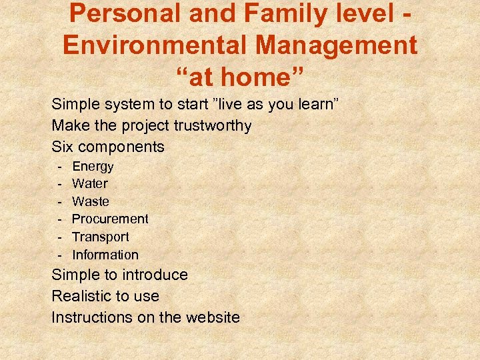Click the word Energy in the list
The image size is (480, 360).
pos(93,167)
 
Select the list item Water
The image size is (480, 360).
pos(89,183)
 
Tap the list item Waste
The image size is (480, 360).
pos(90,201)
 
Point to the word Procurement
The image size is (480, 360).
pos(110,219)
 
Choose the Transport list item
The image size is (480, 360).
pos(100,237)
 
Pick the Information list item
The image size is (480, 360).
pos(105,255)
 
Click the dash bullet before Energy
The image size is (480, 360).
pos(59,167)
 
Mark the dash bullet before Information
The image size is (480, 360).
pos(59,255)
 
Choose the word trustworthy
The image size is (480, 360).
pos(211,125)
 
